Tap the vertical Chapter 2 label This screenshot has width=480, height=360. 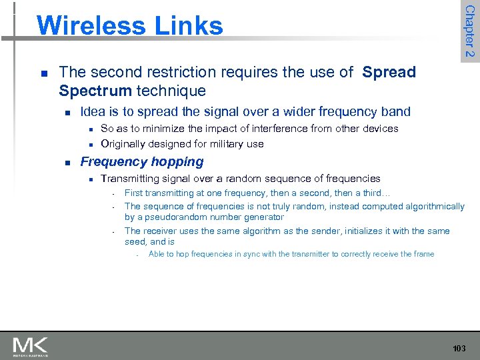(469, 31)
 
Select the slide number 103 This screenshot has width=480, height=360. (459, 348)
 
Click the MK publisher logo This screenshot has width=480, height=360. (30, 346)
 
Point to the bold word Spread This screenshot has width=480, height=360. (389, 72)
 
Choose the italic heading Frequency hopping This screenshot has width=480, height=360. (141, 161)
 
